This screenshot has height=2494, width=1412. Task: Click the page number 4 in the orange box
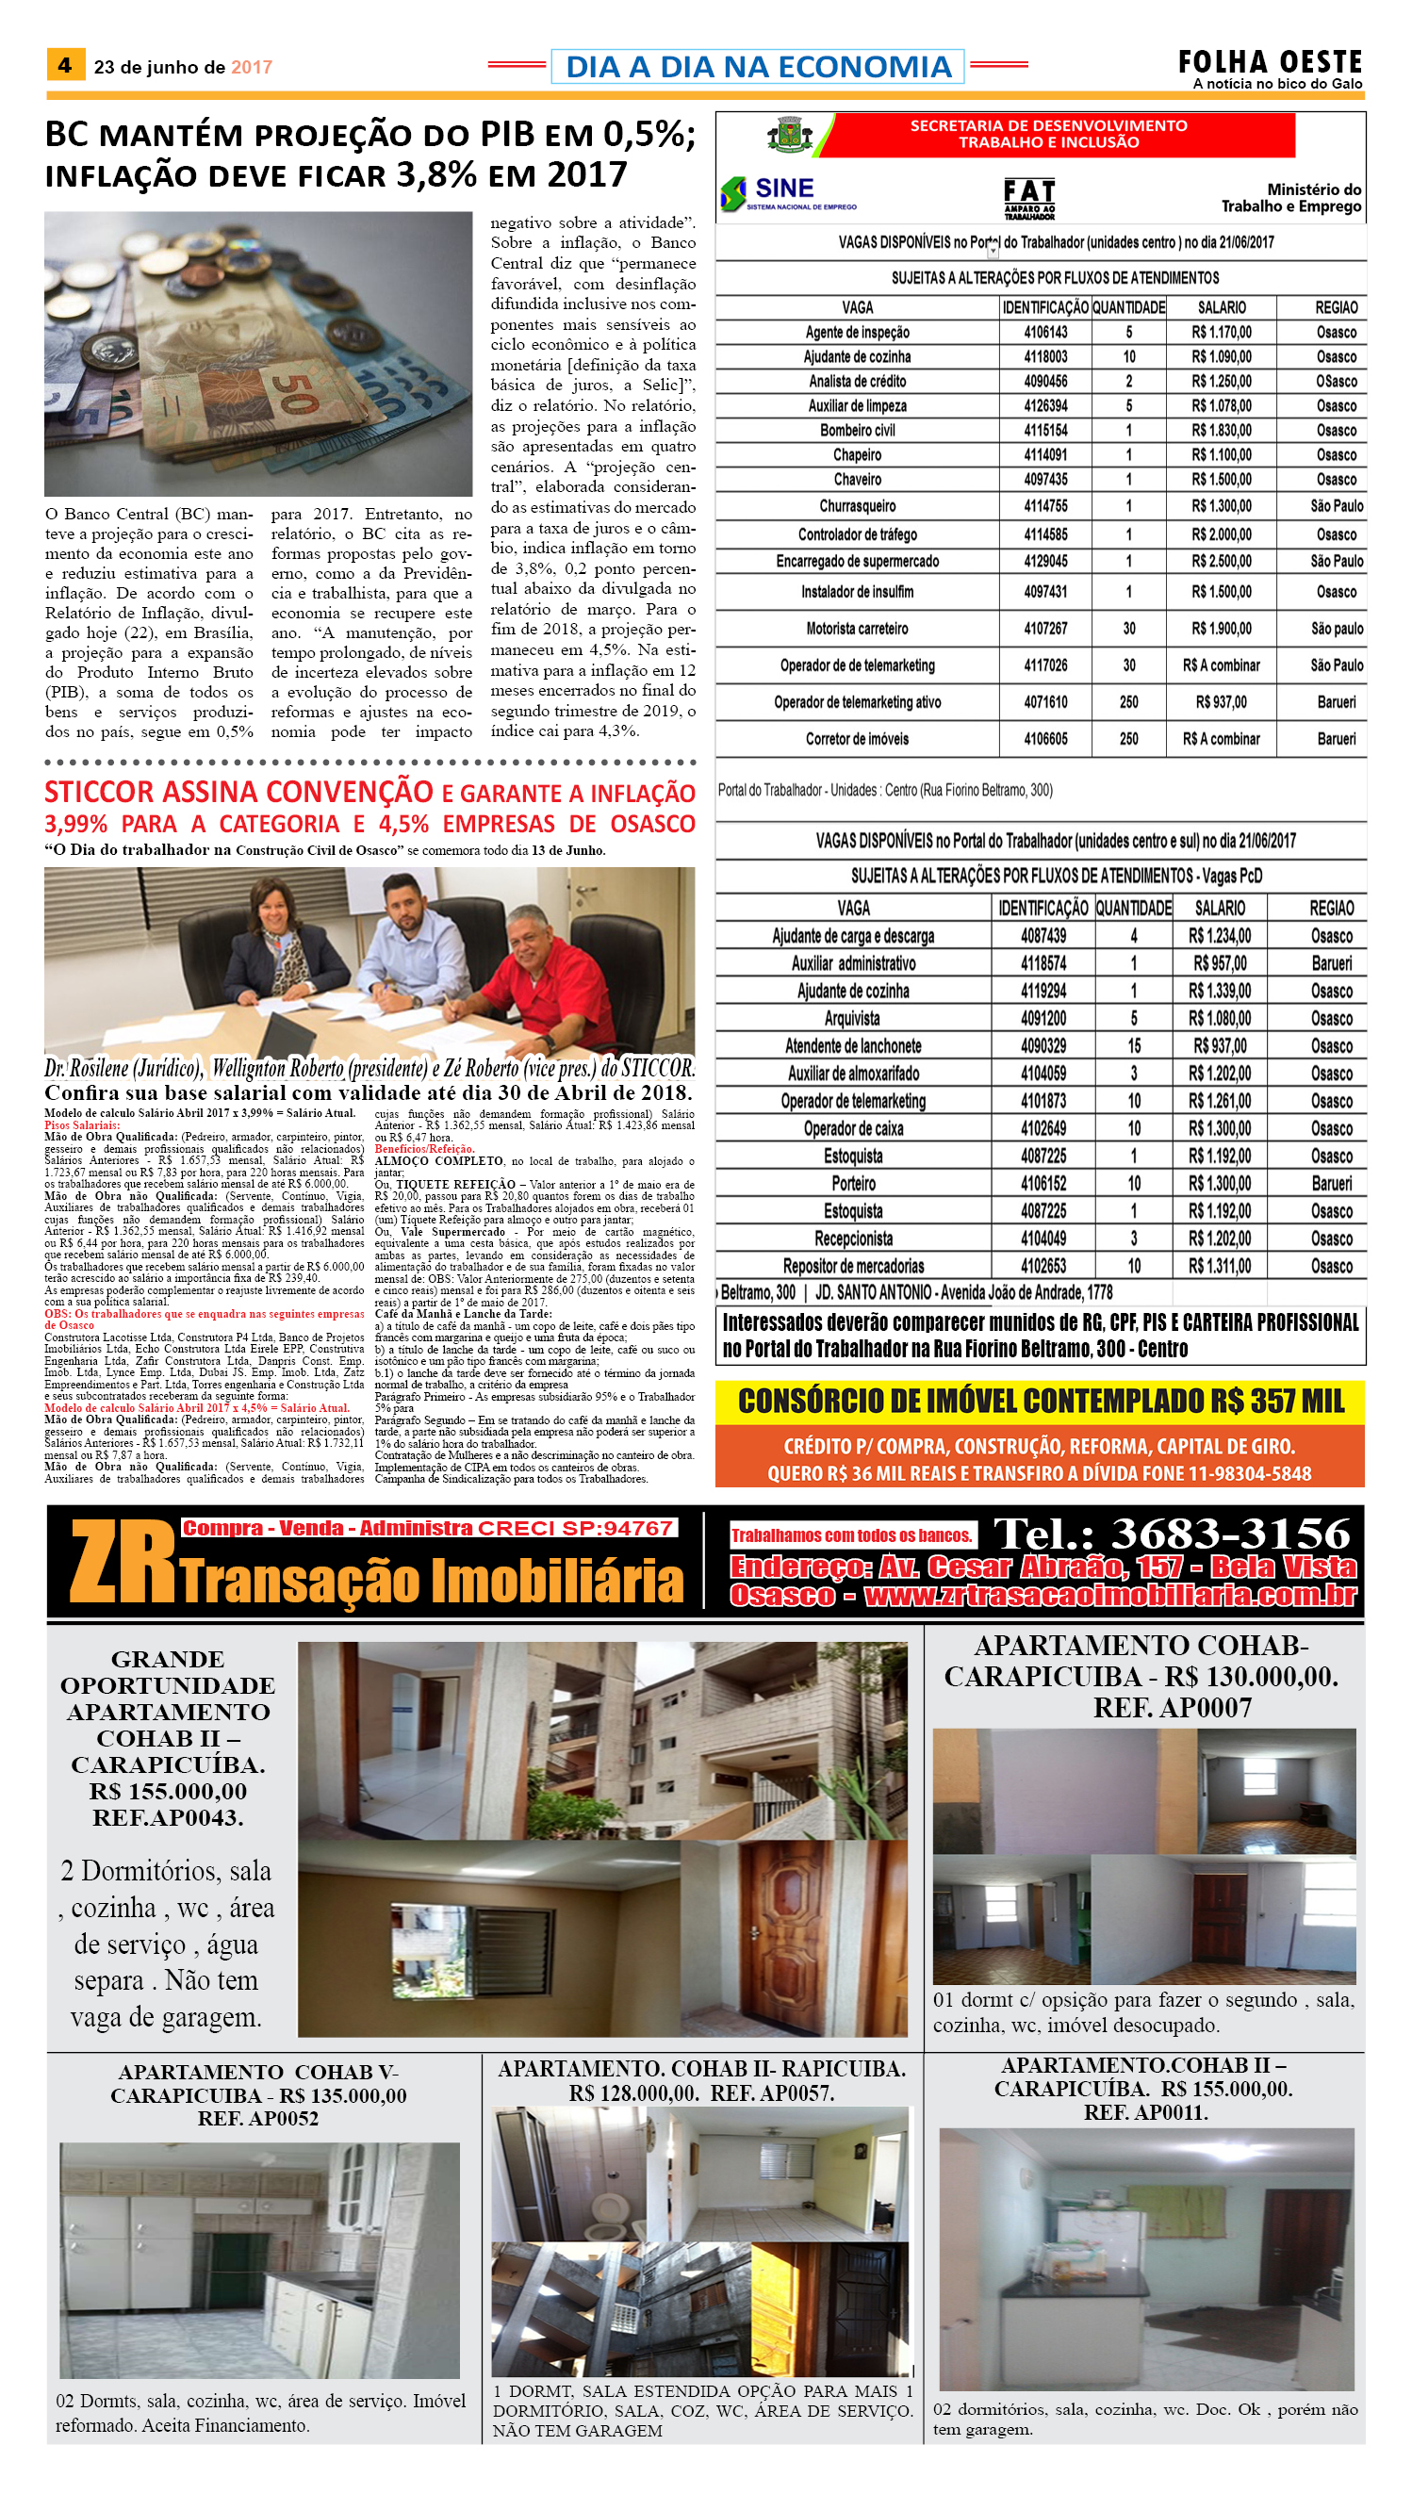(x=65, y=65)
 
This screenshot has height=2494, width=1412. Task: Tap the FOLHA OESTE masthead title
(x=1270, y=62)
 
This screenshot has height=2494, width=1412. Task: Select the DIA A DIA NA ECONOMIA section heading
(x=758, y=67)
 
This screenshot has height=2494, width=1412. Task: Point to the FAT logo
(x=1028, y=197)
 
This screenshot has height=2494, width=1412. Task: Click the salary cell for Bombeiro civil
(x=1221, y=431)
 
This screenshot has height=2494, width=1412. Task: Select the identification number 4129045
(x=1045, y=562)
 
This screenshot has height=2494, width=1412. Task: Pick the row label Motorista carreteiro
(x=858, y=629)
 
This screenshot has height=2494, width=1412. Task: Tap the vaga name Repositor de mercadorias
(x=853, y=1267)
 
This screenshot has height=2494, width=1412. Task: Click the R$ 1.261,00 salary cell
(x=1219, y=1102)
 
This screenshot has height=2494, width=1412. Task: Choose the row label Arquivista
(x=852, y=1018)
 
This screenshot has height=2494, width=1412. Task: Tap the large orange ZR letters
(x=123, y=1562)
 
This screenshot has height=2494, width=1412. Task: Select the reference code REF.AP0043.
(x=168, y=1818)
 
